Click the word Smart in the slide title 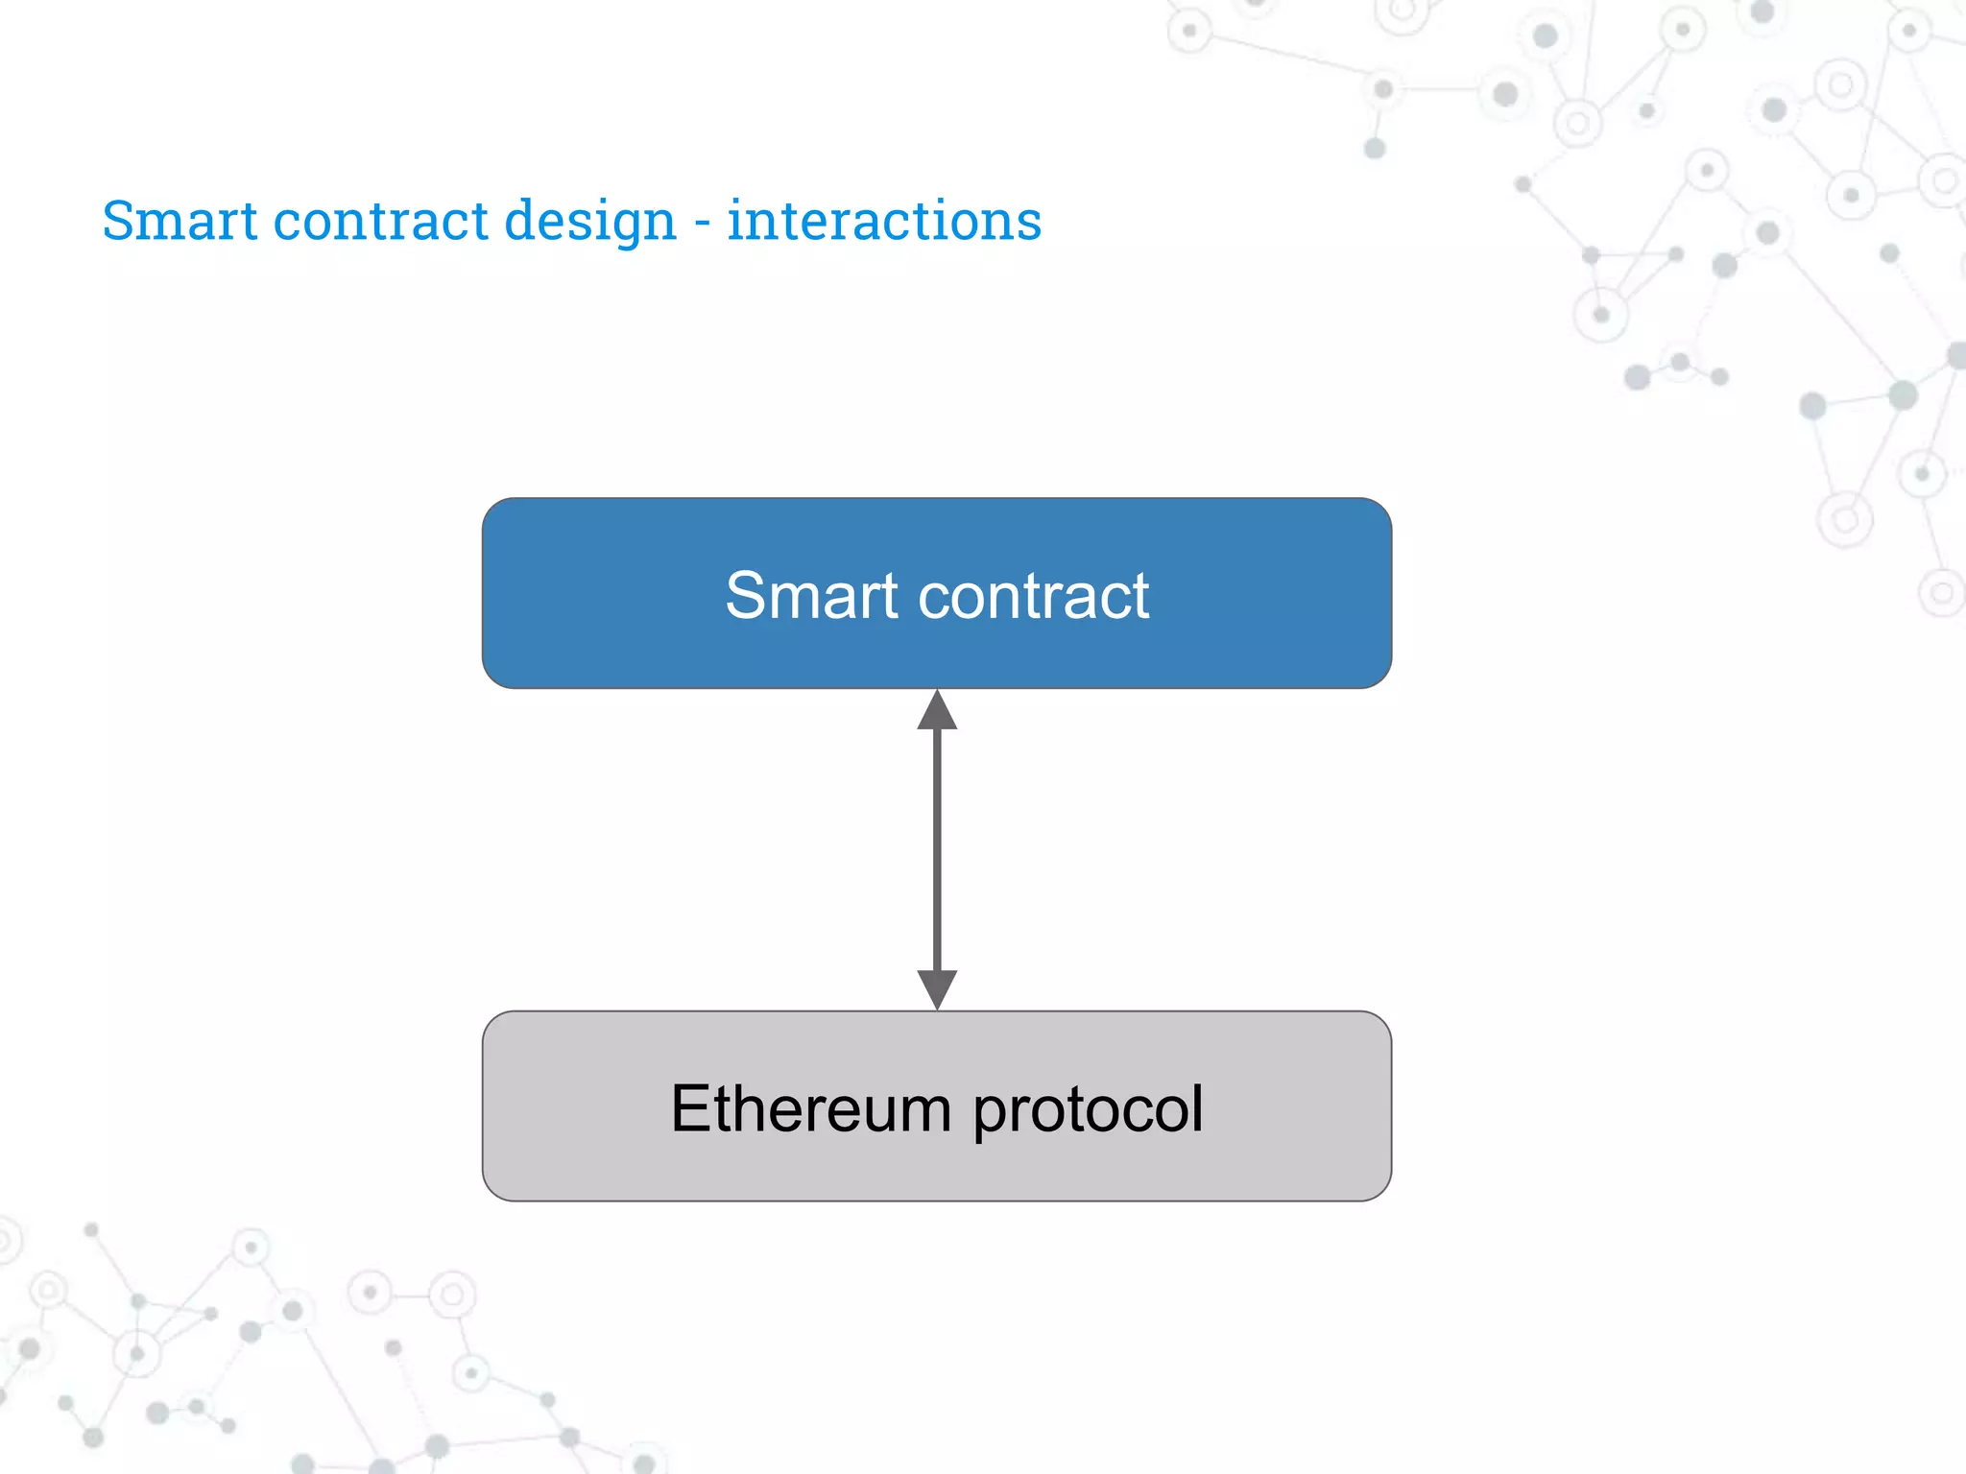click(180, 221)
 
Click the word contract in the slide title click(381, 221)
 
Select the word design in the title click(590, 223)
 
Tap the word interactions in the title click(884, 221)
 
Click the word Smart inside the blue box click(811, 596)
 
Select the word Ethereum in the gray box click(811, 1108)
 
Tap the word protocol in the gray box click(1088, 1110)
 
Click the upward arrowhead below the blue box click(937, 711)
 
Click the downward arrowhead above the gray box click(937, 988)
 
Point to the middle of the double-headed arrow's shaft click(937, 849)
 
